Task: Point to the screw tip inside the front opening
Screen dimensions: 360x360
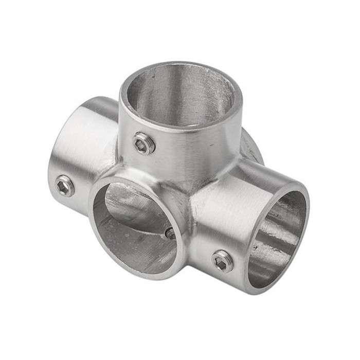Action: pos(170,233)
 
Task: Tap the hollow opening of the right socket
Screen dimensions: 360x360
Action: pos(278,237)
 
